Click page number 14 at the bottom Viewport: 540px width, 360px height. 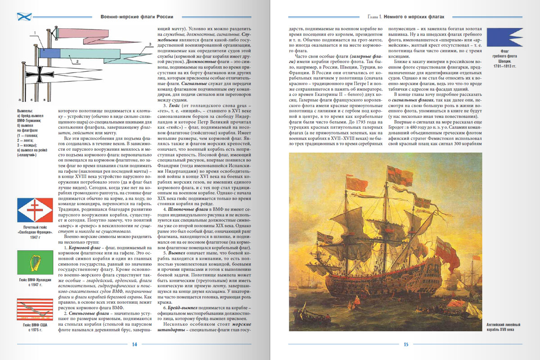[x=134, y=345]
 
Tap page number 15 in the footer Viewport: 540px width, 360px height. [x=405, y=345]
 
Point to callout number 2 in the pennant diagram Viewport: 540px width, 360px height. [x=77, y=60]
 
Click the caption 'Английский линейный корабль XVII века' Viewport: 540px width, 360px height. [x=506, y=327]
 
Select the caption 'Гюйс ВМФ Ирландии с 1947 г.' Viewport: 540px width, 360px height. [x=34, y=283]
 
